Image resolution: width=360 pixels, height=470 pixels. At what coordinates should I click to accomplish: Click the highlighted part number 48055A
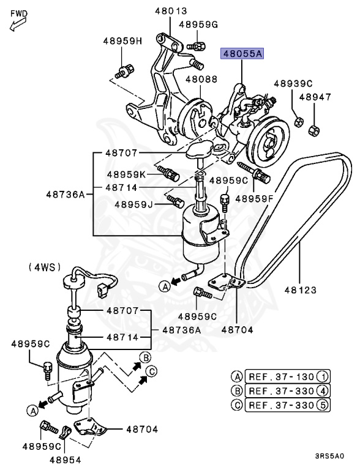point(242,54)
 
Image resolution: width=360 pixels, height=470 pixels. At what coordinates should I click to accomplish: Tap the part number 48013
point(171,11)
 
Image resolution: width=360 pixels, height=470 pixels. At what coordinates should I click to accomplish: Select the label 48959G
point(198,24)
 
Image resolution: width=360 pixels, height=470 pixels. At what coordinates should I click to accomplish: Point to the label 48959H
point(122,41)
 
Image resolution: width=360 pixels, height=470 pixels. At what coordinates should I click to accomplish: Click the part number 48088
point(201,79)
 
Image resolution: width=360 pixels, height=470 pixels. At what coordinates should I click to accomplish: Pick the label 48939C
point(293,83)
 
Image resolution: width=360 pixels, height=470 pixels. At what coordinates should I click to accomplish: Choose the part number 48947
point(315,97)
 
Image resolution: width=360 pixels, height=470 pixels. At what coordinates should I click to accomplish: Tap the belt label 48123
point(300,290)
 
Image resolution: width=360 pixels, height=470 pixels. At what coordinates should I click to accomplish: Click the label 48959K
point(126,174)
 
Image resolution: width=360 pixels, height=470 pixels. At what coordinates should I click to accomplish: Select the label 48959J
point(134,204)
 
